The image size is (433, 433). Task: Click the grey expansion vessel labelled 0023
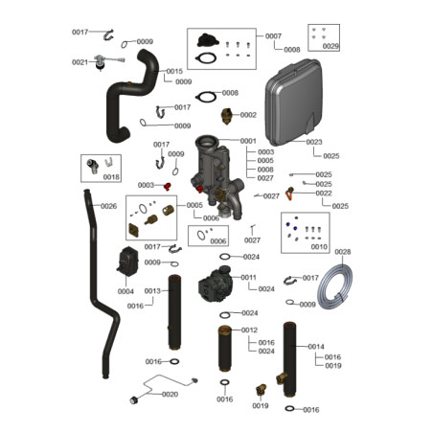293,102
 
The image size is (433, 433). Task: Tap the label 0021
80,62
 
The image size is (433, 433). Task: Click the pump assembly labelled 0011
216,285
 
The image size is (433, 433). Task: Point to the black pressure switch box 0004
127,262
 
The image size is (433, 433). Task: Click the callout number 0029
330,46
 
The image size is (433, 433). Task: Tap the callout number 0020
170,395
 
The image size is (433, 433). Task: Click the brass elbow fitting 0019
261,390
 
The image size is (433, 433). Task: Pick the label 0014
316,347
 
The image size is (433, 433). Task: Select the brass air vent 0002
226,117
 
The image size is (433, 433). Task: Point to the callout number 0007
273,36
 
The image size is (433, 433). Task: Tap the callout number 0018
111,177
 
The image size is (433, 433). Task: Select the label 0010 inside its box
319,247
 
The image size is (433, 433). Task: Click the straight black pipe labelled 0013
174,312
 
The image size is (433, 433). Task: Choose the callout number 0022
324,194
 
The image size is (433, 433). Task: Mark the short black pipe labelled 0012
225,349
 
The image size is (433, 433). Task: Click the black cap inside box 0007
208,40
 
